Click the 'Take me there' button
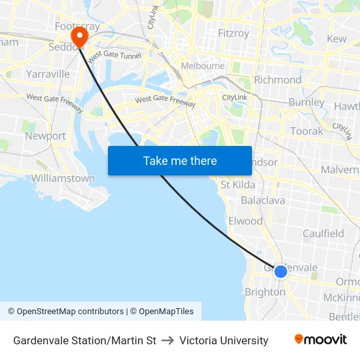point(180,160)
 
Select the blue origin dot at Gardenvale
point(281,271)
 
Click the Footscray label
point(77,26)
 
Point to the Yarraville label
point(47,74)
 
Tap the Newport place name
point(45,136)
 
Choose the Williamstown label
point(63,178)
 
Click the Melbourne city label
point(203,66)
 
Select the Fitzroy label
point(234,33)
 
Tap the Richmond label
point(278,80)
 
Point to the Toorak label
point(306,131)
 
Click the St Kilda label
point(238,185)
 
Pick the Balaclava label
point(261,200)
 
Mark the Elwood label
point(245,221)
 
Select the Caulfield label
point(323,234)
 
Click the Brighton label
point(264,292)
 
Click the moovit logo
point(321,340)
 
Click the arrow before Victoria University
point(167,340)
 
